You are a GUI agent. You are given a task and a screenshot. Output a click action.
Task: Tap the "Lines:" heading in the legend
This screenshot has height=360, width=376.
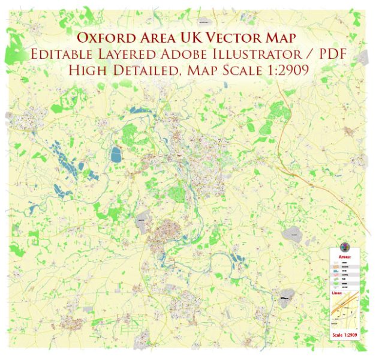[x=338, y=293]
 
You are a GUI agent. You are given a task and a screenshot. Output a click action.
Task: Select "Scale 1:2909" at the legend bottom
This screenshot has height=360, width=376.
[x=344, y=334]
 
